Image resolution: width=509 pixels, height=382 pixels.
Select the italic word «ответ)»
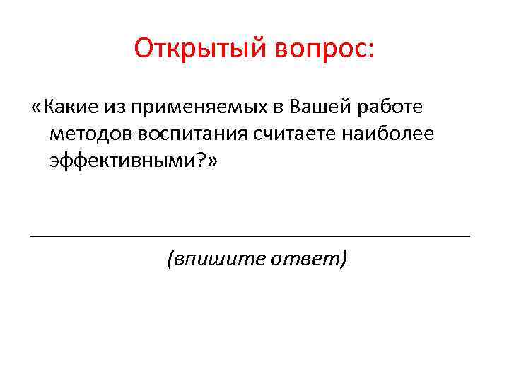(315, 260)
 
